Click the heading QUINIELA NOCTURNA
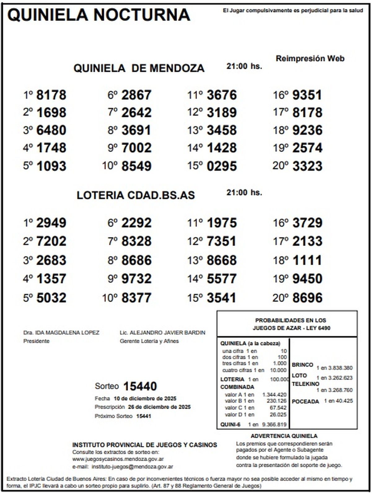[x=99, y=15]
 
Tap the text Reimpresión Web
[x=310, y=59]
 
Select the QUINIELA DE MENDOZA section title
[x=139, y=68]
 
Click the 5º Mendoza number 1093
[x=51, y=166]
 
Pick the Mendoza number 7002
[x=136, y=148]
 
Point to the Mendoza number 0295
[x=222, y=166]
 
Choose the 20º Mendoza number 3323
[x=307, y=166]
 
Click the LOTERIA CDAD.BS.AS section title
[x=136, y=195]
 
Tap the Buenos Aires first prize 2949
[x=51, y=223]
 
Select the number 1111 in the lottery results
[x=307, y=260]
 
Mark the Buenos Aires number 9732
[x=136, y=279]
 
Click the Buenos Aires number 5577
[x=222, y=279]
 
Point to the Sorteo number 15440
[x=140, y=386]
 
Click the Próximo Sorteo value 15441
[x=144, y=416]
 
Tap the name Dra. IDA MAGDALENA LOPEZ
[x=61, y=333]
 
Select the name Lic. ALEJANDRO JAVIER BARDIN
[x=162, y=333]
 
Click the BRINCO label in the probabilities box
[x=302, y=365]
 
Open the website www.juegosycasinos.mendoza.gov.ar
[x=118, y=459]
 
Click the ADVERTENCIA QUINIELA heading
[x=284, y=436]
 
